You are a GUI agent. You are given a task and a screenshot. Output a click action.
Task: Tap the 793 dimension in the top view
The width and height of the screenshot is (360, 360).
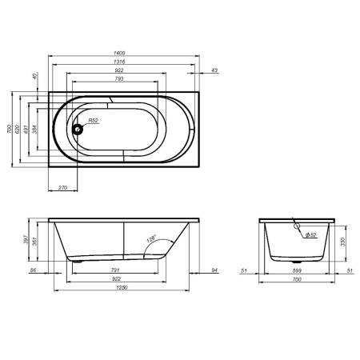119,80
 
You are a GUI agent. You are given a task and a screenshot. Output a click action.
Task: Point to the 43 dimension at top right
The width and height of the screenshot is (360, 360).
214,72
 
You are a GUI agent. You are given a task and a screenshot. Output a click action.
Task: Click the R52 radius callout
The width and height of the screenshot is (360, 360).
93,120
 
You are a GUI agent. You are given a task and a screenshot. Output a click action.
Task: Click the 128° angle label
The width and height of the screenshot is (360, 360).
153,238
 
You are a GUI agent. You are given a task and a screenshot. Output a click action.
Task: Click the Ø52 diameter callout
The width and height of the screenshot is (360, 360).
311,234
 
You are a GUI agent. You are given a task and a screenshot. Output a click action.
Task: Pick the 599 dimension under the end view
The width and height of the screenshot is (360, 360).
298,270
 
